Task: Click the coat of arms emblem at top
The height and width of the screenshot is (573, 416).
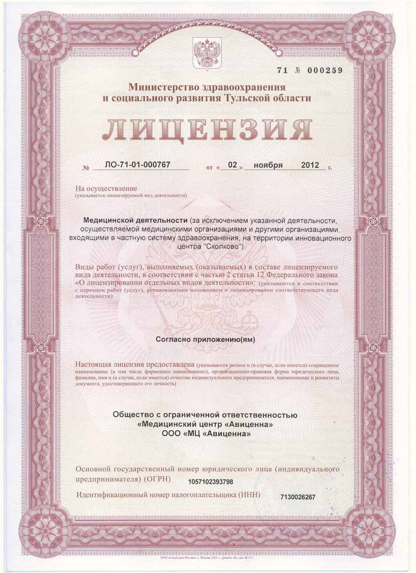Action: tap(207, 53)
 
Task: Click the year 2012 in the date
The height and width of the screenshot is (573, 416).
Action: tap(310, 165)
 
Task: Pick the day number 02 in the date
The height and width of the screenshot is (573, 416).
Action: tap(232, 165)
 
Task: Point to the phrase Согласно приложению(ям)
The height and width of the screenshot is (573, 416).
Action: tap(205, 339)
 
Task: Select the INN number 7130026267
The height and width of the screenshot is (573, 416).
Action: tap(298, 497)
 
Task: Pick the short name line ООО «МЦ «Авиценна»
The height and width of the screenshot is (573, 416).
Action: tap(206, 434)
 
